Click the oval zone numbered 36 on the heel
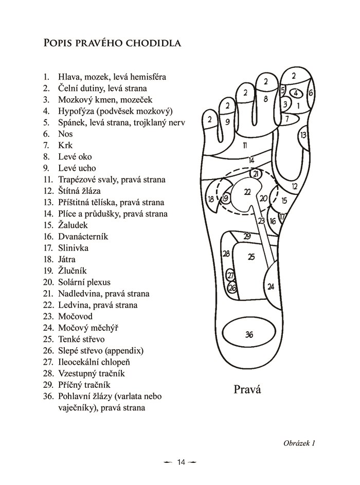pos(249,335)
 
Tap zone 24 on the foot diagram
pos(271,286)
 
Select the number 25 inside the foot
pos(251,257)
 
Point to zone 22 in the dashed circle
pos(247,192)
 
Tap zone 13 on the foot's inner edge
pos(303,135)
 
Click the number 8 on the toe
pos(265,98)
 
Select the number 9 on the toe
pos(227,122)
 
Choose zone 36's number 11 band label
pos(245,145)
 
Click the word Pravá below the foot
pos(247,389)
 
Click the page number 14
pos(181,462)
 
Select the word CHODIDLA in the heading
pos(155,43)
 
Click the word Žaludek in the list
pos(73,225)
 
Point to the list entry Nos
pos(66,134)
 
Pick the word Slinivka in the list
pos(73,248)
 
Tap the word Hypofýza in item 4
pos(76,111)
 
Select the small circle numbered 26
pos(232,288)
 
